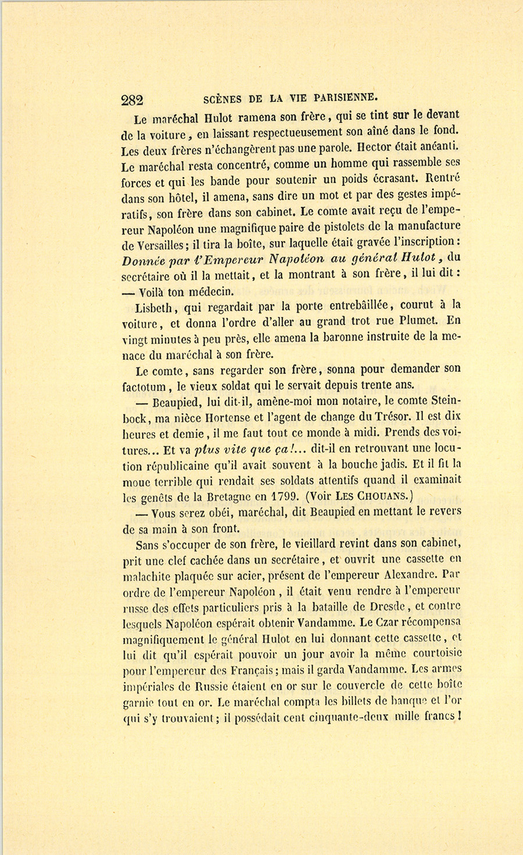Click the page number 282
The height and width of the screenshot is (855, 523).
tap(132, 100)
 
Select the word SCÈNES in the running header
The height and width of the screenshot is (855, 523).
tap(224, 98)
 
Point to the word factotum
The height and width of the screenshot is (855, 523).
tap(145, 385)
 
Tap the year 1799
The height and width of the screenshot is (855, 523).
tap(281, 497)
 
